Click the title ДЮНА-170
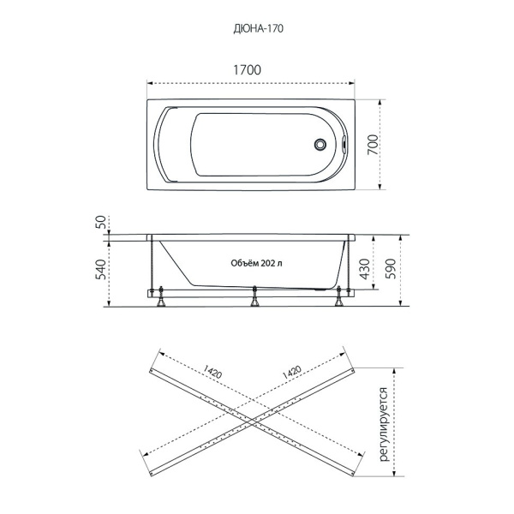coord(259,29)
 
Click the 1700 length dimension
coord(248,70)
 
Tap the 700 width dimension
coord(373,145)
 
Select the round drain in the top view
coord(320,144)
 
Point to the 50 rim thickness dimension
coord(100,222)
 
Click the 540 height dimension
coord(100,270)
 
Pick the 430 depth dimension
coord(365,270)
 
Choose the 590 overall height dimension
coord(391,269)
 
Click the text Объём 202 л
coord(257,263)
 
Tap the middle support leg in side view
coord(254,296)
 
